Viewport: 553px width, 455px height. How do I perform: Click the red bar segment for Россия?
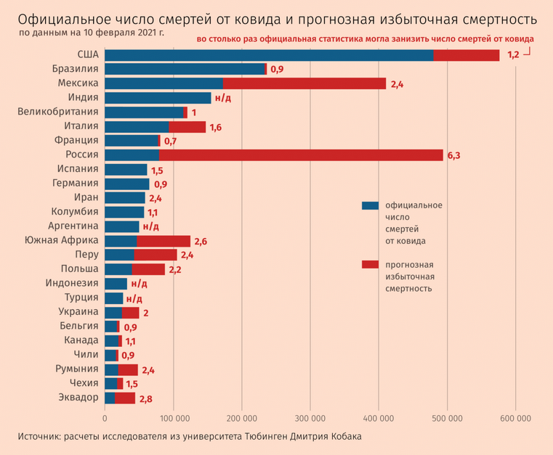[301, 155]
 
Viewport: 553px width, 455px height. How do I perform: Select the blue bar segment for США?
[269, 55]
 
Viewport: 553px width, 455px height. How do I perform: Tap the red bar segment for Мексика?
[304, 83]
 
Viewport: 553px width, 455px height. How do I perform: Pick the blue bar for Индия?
[158, 98]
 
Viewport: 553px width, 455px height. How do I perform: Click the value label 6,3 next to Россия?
[454, 155]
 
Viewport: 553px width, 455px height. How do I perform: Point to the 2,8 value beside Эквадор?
[145, 398]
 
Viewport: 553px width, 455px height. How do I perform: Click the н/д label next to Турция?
[134, 298]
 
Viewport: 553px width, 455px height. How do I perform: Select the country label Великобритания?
[58, 112]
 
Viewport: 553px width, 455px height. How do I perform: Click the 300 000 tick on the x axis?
[310, 419]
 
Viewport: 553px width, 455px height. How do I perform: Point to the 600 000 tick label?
[515, 419]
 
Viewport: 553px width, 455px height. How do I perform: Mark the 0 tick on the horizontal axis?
[105, 419]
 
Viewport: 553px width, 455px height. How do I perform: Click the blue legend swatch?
[370, 205]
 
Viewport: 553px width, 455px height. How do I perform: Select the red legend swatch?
[370, 264]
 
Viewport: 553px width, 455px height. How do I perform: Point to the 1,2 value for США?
[513, 55]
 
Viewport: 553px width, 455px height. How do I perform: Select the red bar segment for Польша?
[148, 269]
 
